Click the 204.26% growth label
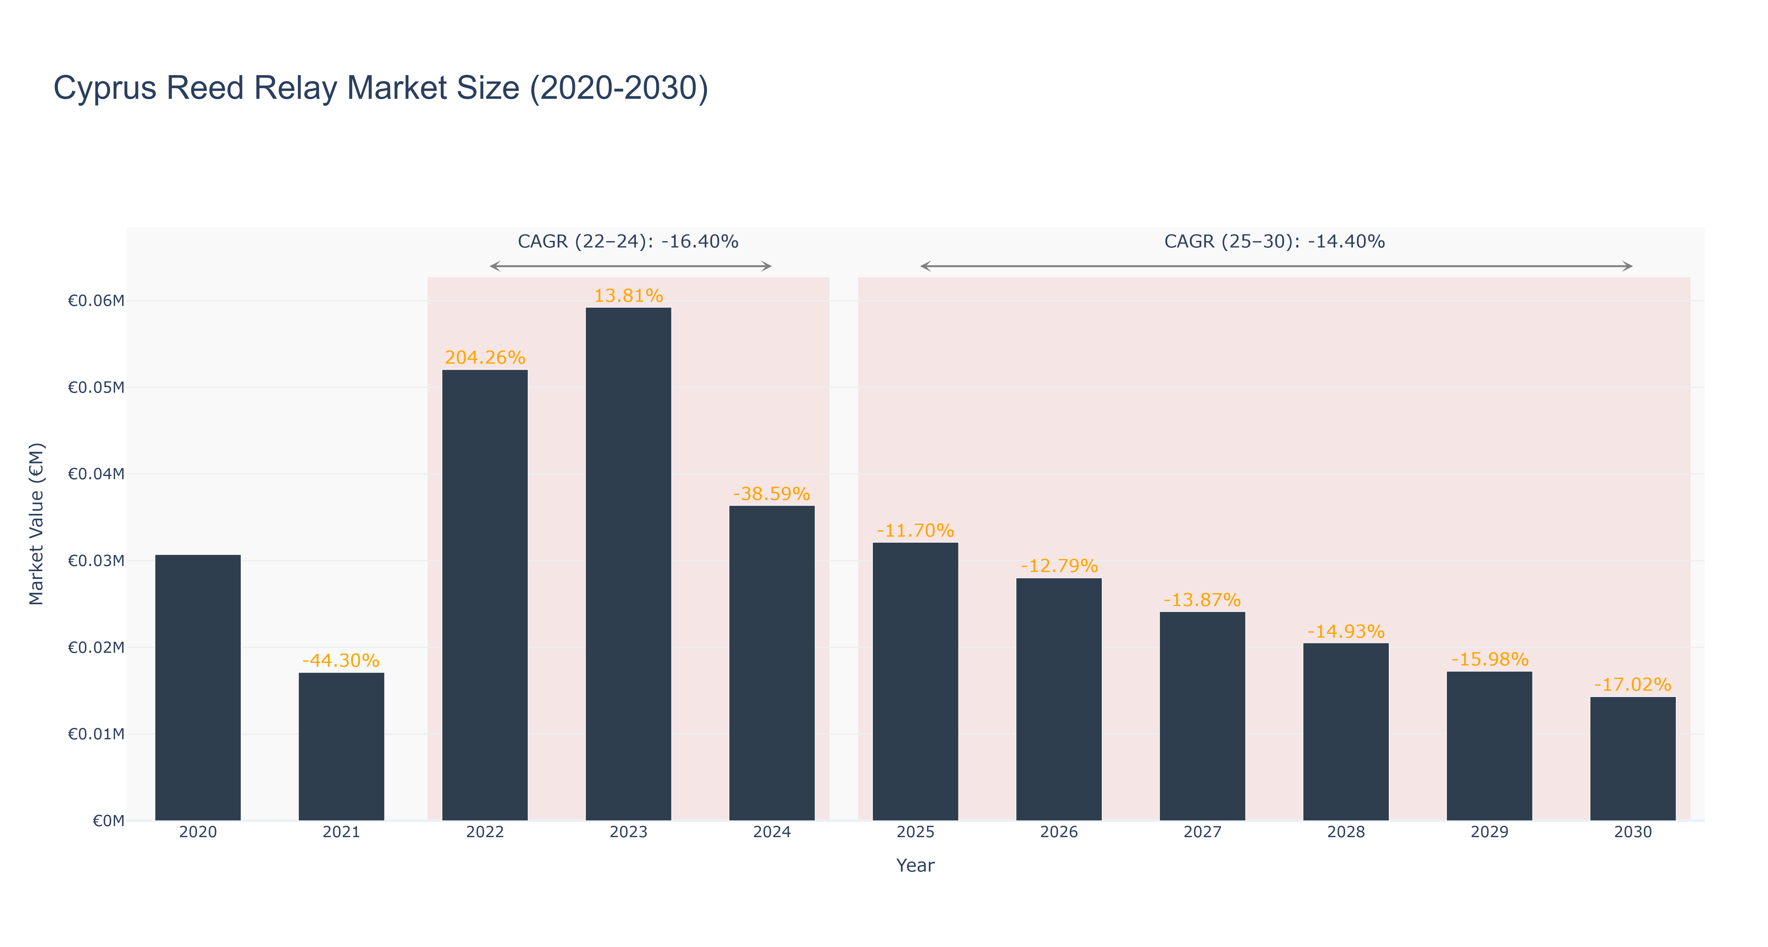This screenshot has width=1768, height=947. click(485, 358)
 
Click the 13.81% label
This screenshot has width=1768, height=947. click(629, 296)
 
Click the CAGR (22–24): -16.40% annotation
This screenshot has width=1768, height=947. click(628, 241)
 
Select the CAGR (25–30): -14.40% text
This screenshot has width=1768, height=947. click(1275, 241)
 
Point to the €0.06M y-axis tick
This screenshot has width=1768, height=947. click(96, 301)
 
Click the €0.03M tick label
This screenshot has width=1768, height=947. click(96, 561)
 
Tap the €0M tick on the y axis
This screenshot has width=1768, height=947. click(108, 821)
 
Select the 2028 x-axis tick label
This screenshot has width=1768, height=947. click(1346, 832)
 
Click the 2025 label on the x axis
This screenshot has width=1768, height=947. click(916, 832)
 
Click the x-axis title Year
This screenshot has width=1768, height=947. click(916, 865)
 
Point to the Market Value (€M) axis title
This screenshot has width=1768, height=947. click(36, 524)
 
